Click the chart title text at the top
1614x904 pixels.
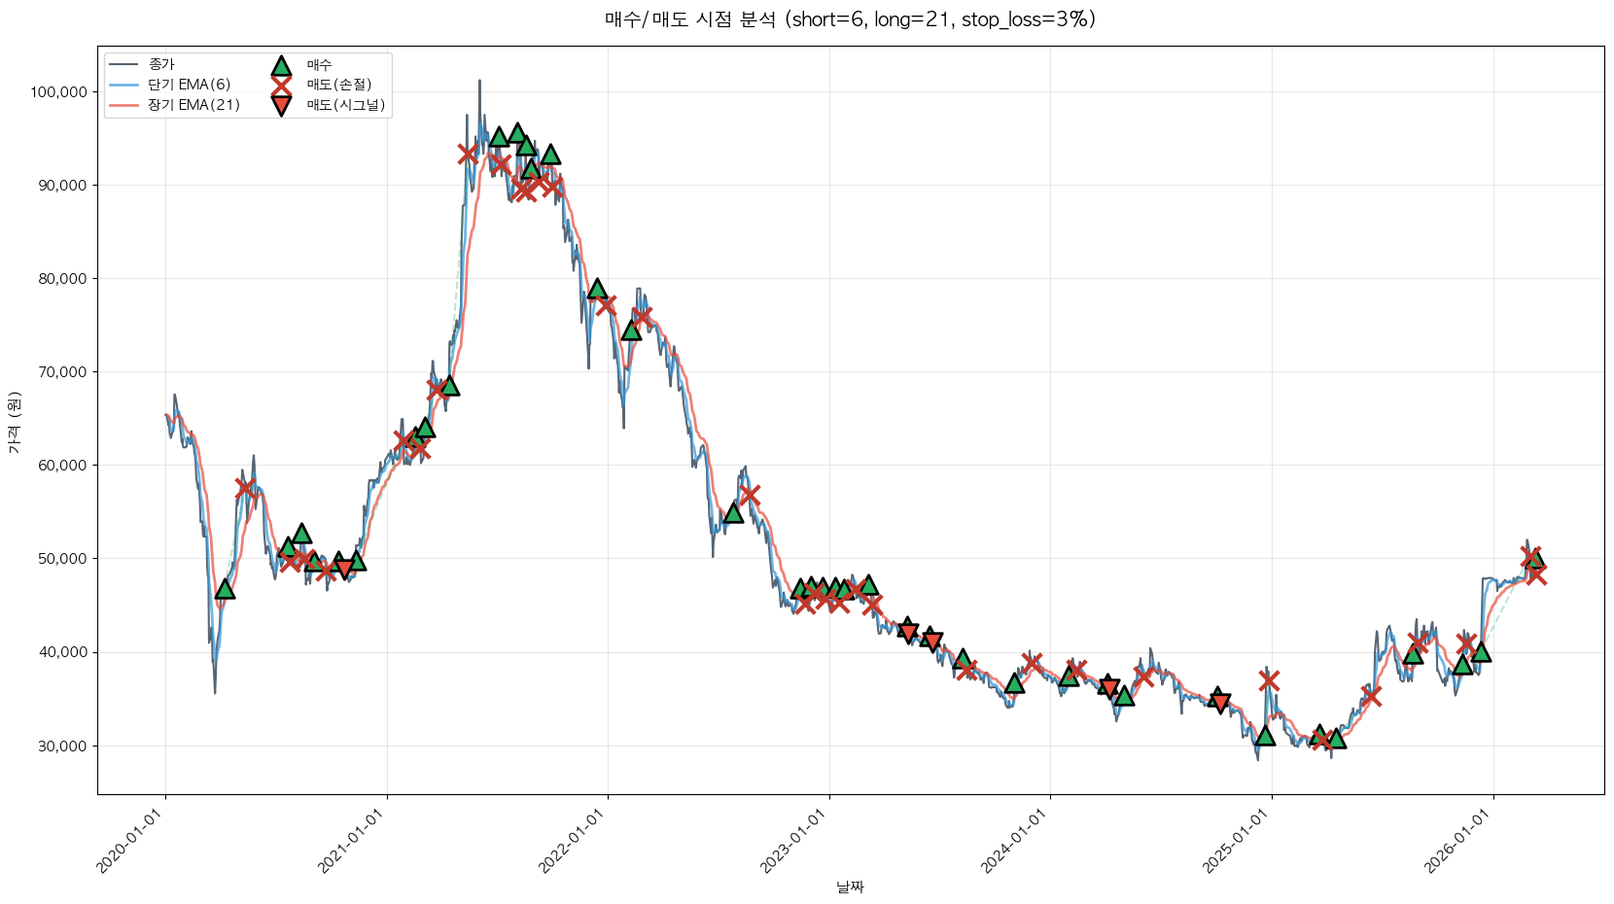(850, 19)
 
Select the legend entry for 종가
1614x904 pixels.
(161, 65)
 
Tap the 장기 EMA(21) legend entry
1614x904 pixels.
(193, 105)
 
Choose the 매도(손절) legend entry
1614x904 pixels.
(338, 85)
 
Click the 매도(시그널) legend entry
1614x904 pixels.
(345, 105)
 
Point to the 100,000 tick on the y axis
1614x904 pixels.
(59, 92)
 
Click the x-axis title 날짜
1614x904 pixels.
(850, 887)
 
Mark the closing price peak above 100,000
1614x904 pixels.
(479, 82)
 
